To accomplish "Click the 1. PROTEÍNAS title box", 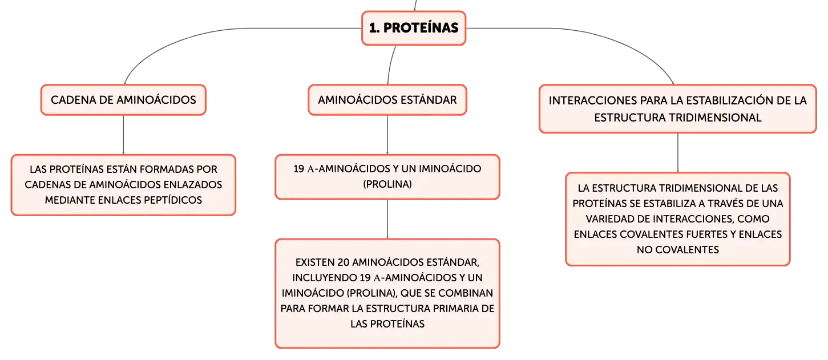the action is pyautogui.click(x=414, y=28).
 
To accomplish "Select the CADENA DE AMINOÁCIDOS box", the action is pyautogui.click(x=123, y=100).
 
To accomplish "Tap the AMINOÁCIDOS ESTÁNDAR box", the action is pyautogui.click(x=387, y=100).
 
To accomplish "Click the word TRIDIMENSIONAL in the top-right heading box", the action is pyautogui.click(x=714, y=118).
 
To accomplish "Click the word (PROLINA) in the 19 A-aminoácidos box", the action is pyautogui.click(x=387, y=184).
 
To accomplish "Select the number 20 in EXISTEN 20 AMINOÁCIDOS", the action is pyautogui.click(x=344, y=262).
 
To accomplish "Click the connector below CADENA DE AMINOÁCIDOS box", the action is pyautogui.click(x=123, y=135).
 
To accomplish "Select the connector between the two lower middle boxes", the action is pyautogui.click(x=387, y=219).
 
